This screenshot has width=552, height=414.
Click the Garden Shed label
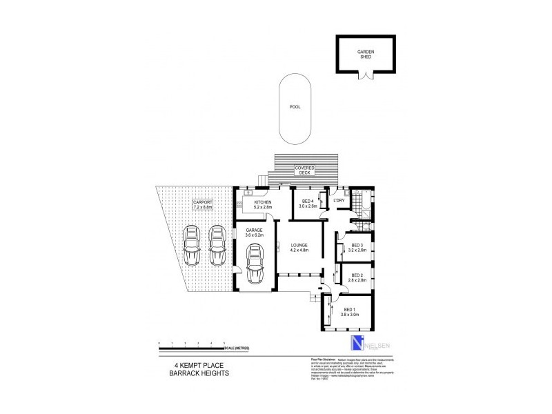[x=365, y=55]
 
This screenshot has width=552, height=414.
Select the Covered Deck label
[x=305, y=170]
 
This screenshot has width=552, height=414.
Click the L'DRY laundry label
[x=339, y=201]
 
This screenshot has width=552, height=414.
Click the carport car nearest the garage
[x=218, y=244]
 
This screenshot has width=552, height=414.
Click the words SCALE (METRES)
[x=248, y=347]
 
